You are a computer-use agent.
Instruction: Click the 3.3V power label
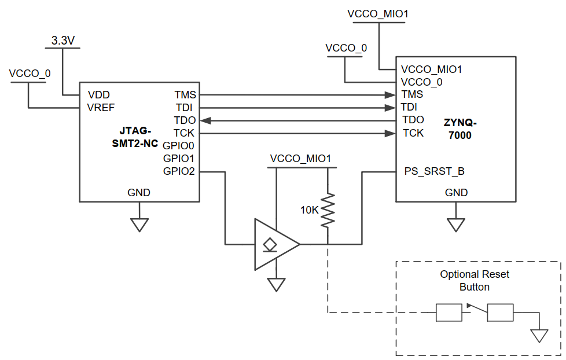(x=64, y=41)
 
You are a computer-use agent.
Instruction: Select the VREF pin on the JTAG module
(x=101, y=108)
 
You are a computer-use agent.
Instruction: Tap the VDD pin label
(x=98, y=95)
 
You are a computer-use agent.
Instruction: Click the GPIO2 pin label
(x=179, y=171)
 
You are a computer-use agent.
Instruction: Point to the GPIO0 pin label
(x=179, y=145)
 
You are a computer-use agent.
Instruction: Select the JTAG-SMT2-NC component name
(x=134, y=137)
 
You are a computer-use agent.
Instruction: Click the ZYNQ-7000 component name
(x=460, y=129)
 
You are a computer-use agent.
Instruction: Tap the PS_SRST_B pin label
(x=433, y=171)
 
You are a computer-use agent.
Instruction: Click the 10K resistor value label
(x=309, y=210)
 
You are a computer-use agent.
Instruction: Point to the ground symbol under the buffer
(x=277, y=284)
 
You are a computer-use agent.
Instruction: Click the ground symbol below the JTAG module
(x=139, y=225)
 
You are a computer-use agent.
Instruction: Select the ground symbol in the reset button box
(x=539, y=335)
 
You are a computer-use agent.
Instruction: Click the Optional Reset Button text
(x=475, y=281)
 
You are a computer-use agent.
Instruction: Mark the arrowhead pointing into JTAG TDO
(x=206, y=120)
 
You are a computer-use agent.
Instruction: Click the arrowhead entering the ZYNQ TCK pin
(x=389, y=133)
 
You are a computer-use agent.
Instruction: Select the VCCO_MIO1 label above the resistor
(x=300, y=159)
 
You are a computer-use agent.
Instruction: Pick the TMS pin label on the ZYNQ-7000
(x=412, y=94)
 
